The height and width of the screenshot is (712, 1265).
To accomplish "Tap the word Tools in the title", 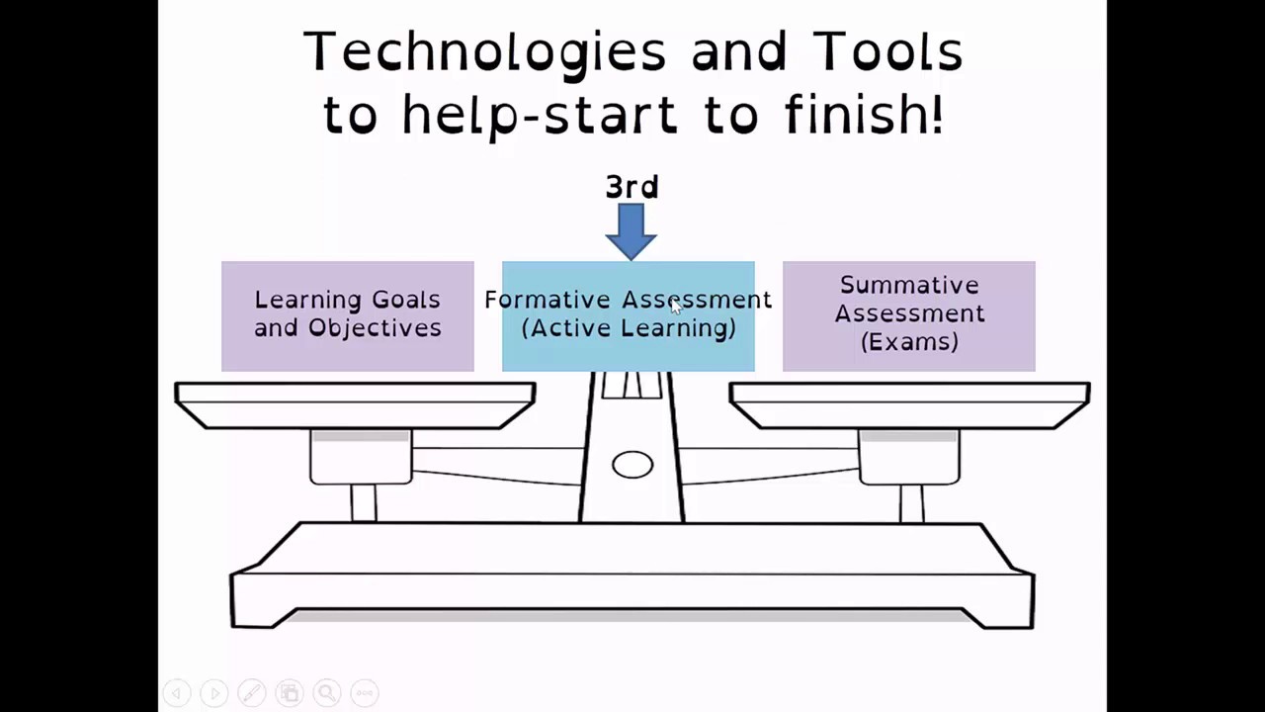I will (887, 52).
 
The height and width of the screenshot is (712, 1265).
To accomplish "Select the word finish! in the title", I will (864, 115).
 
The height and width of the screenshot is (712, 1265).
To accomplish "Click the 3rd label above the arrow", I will (632, 187).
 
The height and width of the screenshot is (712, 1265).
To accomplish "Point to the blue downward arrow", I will (631, 231).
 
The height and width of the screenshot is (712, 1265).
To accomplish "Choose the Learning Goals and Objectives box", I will (348, 316).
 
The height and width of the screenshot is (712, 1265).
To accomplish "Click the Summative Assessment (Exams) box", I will (908, 316).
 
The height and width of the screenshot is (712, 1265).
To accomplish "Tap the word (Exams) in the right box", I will (909, 342).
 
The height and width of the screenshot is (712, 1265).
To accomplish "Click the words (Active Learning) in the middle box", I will (629, 328).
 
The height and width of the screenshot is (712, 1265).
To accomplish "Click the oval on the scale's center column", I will (632, 465).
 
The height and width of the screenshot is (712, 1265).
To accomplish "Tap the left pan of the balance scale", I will (355, 404).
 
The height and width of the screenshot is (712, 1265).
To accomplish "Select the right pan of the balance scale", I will (909, 404).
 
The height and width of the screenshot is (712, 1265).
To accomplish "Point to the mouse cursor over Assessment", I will (676, 307).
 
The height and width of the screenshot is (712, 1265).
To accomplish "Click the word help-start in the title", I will (540, 115).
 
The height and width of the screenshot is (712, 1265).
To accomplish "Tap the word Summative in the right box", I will (909, 286).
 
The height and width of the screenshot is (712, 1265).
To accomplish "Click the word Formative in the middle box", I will (547, 300).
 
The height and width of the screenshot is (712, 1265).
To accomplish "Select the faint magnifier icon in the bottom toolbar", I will (327, 692).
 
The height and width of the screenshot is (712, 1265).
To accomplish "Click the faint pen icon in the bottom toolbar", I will (251, 692).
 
